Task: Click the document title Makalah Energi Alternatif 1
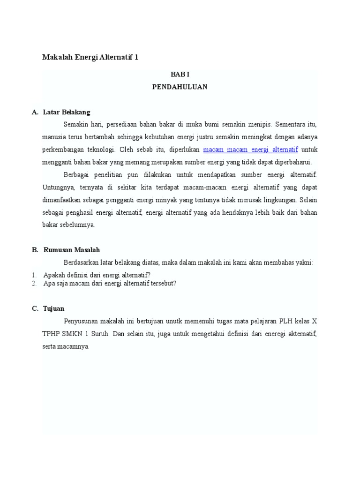click(90, 57)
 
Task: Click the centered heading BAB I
click(180, 75)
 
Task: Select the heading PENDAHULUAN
click(180, 87)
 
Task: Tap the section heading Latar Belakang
click(67, 112)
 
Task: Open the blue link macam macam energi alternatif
click(251, 150)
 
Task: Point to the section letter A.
click(34, 112)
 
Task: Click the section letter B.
click(35, 250)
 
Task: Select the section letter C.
click(35, 308)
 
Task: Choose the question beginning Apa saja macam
click(110, 283)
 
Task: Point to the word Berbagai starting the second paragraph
click(77, 175)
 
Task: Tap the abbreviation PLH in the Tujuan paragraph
click(286, 322)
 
